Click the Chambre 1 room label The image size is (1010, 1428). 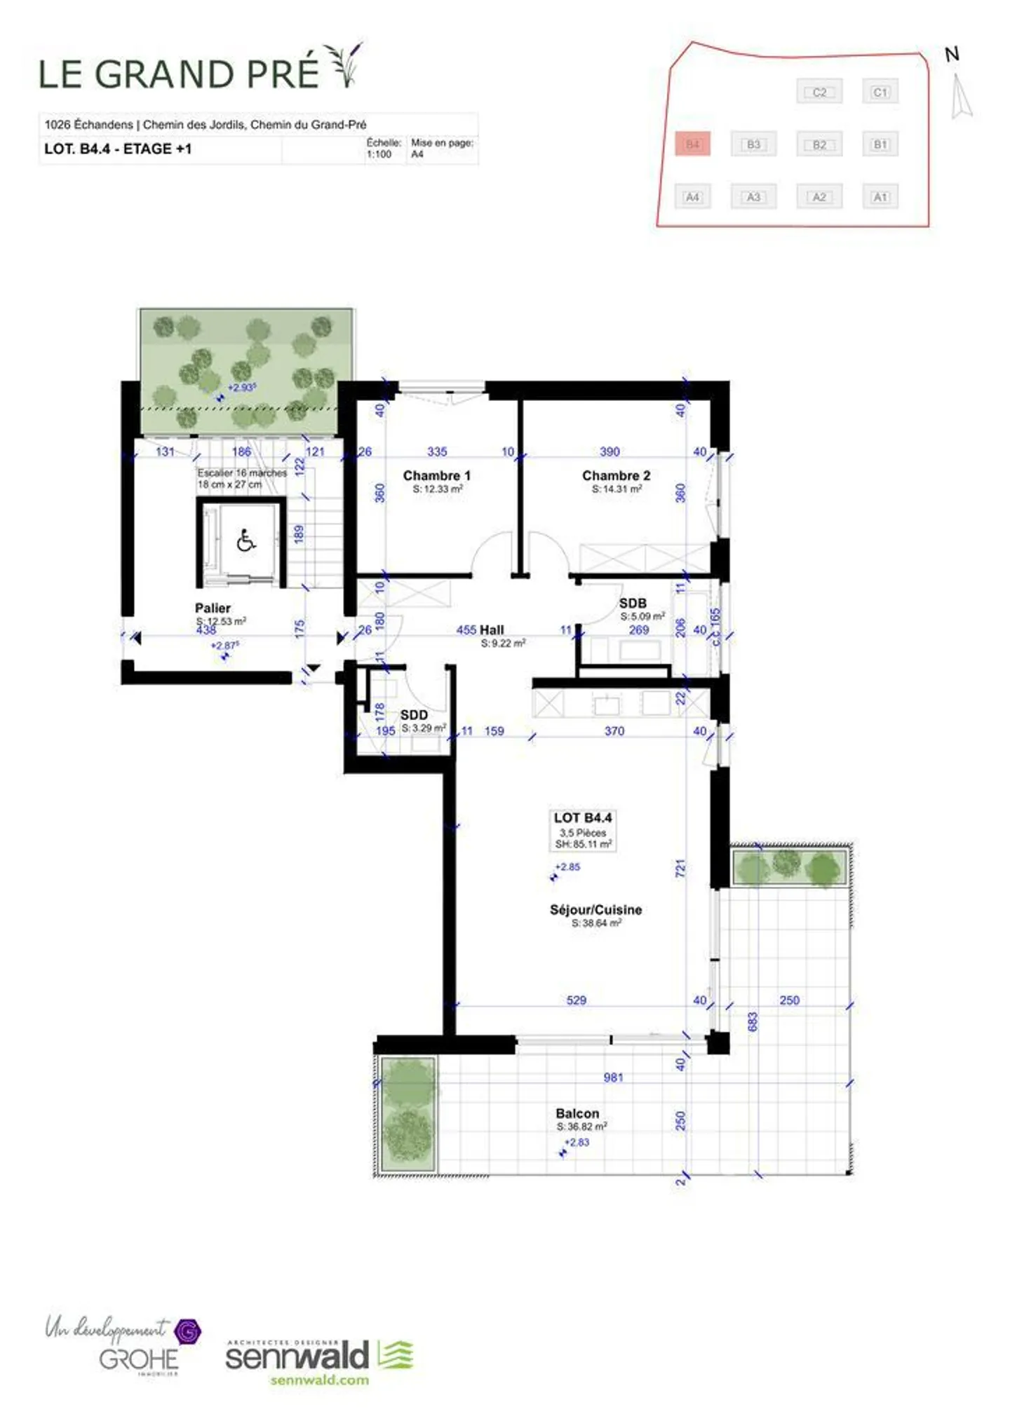pos(436,475)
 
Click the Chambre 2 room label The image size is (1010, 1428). pos(616,475)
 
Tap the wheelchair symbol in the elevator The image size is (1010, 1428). pos(245,540)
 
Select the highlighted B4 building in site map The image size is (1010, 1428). pos(692,144)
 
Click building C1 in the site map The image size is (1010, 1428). pos(880,92)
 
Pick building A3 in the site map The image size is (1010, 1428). pos(753,197)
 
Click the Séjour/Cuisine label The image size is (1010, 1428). pos(595,909)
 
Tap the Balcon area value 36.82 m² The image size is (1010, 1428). pos(581,1127)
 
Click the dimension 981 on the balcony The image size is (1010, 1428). pos(613,1077)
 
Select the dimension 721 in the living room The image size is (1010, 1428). pos(680,869)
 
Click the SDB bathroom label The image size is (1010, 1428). pos(633,603)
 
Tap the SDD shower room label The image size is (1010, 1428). pos(414,715)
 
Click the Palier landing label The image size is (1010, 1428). pos(213,608)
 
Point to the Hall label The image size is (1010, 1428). pos(492,630)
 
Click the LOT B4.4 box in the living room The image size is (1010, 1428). pos(582,830)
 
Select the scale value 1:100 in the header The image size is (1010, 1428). pos(379,154)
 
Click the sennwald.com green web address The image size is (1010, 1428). pos(319,1380)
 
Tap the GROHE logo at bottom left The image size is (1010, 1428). pos(139,1360)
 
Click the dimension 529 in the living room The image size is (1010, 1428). pos(576,1000)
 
